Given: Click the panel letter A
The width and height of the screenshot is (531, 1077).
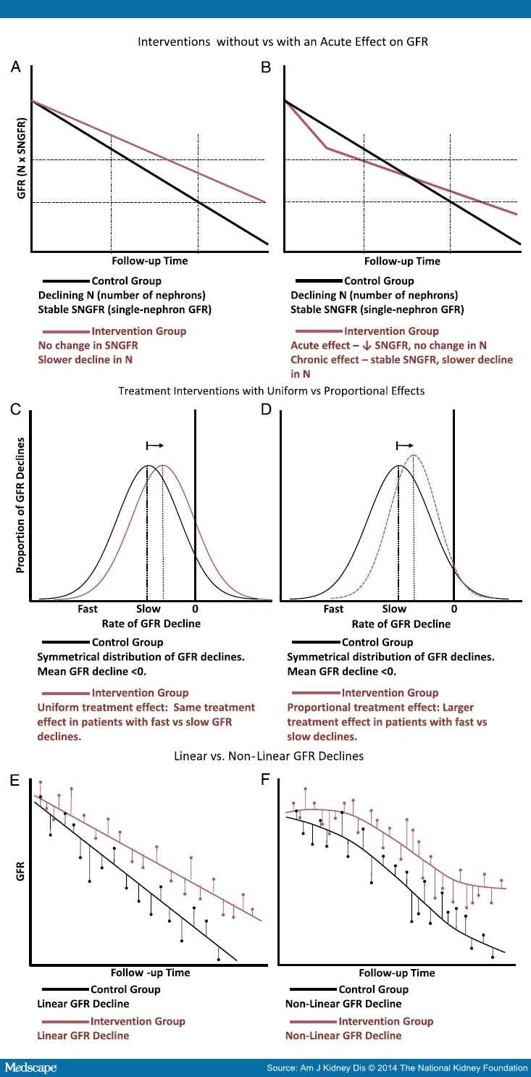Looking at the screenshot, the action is [x=16, y=67].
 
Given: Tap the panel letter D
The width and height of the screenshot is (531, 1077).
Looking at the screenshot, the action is [x=266, y=409].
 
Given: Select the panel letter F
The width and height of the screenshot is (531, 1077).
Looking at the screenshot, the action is [x=265, y=779].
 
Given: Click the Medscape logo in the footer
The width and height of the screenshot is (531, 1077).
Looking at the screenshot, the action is [x=30, y=1068].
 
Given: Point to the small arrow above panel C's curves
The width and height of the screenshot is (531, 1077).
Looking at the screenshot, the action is [x=155, y=446].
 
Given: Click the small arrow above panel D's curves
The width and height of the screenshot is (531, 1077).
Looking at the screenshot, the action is [x=405, y=446].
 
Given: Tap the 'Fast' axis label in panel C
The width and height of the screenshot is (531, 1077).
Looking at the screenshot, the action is [x=88, y=609].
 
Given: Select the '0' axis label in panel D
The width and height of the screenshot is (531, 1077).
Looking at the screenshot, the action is [x=454, y=610].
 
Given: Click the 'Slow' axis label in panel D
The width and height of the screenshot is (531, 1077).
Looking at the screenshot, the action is [x=394, y=610].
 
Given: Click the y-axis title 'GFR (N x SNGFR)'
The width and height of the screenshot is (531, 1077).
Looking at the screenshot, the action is [x=21, y=158].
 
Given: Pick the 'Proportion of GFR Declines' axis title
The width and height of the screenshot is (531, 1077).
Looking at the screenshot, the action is [x=20, y=505].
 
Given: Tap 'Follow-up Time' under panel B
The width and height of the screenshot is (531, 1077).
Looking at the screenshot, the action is [x=402, y=261].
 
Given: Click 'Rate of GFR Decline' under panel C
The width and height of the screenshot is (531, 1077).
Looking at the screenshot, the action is [x=151, y=623].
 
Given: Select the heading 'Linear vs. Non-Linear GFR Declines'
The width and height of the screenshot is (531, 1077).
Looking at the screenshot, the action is [x=269, y=756].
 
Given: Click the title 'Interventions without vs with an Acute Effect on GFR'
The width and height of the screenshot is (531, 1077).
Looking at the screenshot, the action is [x=283, y=42].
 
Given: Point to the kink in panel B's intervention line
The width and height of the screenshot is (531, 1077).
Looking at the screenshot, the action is [x=327, y=148].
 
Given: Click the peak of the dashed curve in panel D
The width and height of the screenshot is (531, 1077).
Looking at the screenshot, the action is [x=413, y=455].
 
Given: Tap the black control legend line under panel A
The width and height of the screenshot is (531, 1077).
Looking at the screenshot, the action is [x=66, y=280].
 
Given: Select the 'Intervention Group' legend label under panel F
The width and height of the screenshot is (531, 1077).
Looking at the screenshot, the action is [x=386, y=1021].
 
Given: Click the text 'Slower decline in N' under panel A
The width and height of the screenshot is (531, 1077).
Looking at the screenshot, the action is [x=85, y=359].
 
